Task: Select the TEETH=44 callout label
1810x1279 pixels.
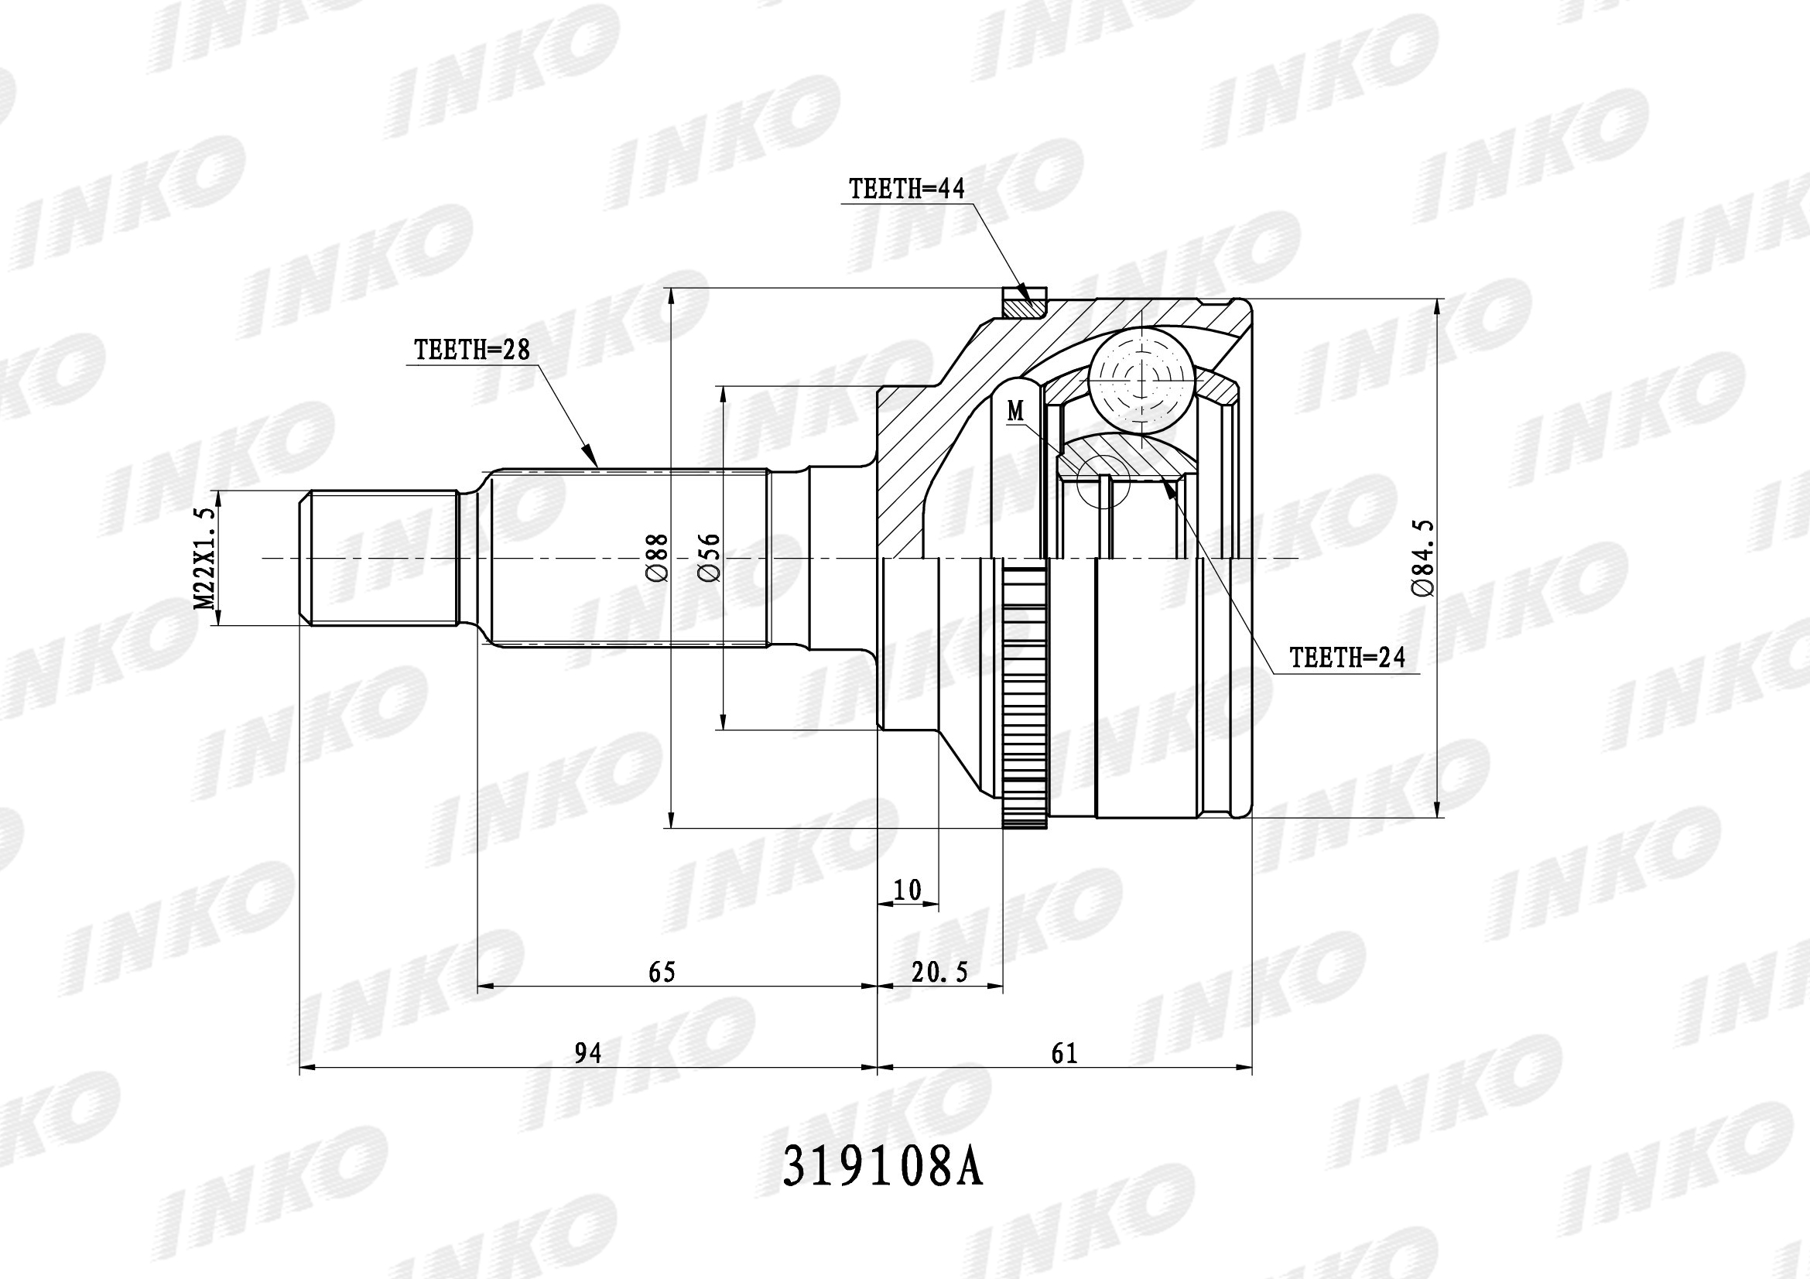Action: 906,189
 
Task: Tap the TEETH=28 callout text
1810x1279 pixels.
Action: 471,350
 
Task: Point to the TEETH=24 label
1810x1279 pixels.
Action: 1346,658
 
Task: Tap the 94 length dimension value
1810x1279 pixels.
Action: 587,1054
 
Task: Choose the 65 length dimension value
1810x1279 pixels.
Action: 662,973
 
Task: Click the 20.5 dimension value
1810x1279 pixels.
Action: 939,973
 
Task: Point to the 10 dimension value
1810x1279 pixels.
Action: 908,891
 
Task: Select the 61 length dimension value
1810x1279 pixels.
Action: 1064,1054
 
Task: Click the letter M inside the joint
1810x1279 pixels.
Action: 1016,411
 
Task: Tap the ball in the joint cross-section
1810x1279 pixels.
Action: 1140,382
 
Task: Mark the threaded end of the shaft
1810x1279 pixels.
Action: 378,558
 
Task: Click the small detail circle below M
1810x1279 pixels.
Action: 1103,481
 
